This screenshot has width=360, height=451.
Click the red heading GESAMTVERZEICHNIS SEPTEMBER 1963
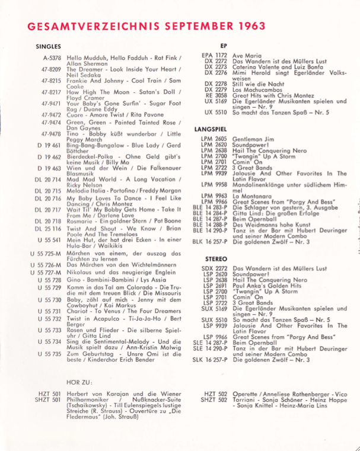click(138, 27)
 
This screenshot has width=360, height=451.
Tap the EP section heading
click(223, 46)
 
